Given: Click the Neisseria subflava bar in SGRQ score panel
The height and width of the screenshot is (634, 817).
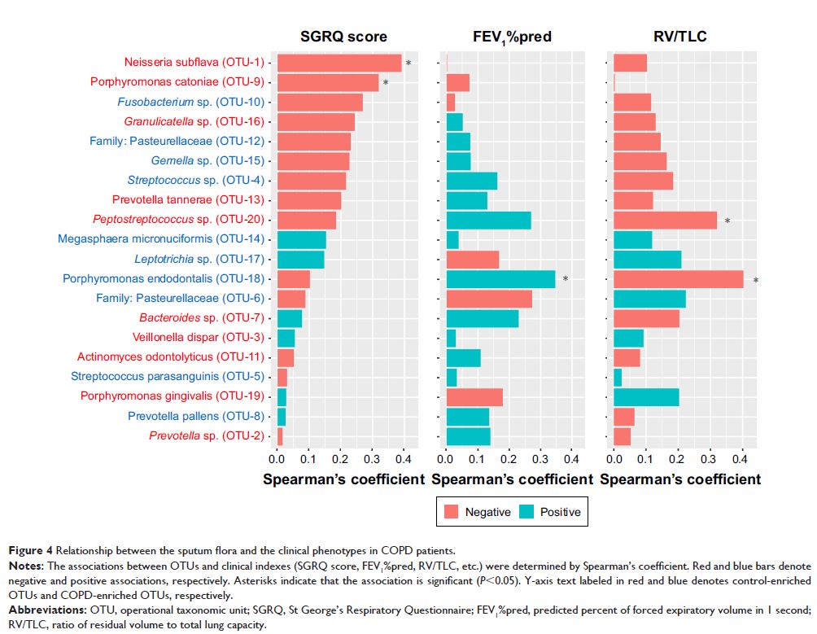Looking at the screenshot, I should pyautogui.click(x=339, y=63).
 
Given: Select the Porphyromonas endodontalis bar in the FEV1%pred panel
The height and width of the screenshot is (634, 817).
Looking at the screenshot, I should pyautogui.click(x=500, y=279).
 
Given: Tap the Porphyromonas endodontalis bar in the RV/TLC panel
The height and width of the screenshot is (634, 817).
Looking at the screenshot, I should pyautogui.click(x=678, y=279).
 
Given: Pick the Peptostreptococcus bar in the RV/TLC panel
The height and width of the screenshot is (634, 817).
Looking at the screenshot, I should pyautogui.click(x=665, y=220).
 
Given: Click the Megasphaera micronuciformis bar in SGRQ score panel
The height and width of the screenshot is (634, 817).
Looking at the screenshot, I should pyautogui.click(x=302, y=239).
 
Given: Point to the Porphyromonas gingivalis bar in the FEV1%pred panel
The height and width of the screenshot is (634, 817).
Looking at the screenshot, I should pyautogui.click(x=474, y=396).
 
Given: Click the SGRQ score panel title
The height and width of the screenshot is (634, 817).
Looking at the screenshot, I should pyautogui.click(x=343, y=37).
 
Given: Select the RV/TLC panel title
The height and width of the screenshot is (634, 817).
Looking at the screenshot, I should pyautogui.click(x=679, y=37).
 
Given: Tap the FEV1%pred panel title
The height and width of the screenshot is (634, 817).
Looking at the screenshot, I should pyautogui.click(x=512, y=37).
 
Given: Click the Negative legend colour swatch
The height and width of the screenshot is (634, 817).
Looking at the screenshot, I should pyautogui.click(x=450, y=512).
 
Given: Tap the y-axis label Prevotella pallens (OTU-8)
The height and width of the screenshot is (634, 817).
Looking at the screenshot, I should pyautogui.click(x=196, y=416).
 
